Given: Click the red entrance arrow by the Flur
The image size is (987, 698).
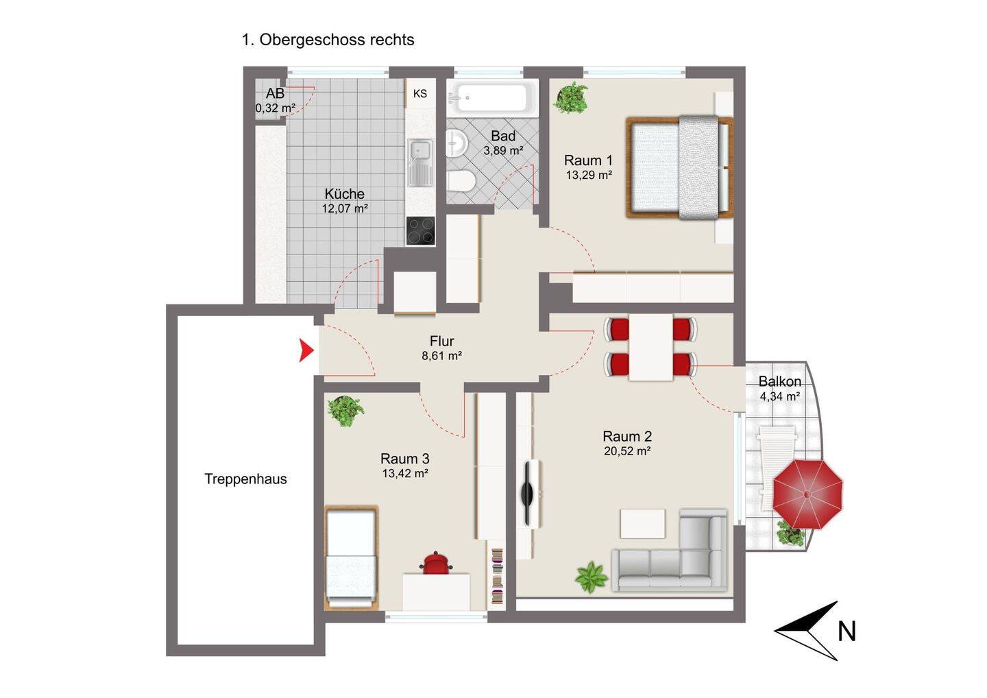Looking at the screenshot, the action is point(306,351).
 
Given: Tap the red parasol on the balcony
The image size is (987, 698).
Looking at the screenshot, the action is point(807,494).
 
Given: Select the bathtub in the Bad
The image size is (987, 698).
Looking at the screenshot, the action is point(493,98).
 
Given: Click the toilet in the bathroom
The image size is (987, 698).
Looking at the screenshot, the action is point(461,180).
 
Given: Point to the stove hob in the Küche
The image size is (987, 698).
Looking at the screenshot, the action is point(420,230).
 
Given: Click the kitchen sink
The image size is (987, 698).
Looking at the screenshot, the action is point(420,163).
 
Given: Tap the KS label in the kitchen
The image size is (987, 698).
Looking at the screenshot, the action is point(420,93).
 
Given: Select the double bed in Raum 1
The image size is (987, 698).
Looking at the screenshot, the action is point(680,167).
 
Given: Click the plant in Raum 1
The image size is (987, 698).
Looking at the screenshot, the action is point(570,98).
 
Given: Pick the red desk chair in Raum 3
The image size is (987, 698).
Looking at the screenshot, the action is point(436,563).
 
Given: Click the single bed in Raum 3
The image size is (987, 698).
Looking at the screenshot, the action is point(351,558).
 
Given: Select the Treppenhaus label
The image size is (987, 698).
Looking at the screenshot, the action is point(245,479).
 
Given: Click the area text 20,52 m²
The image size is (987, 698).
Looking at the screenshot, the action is point(627,451).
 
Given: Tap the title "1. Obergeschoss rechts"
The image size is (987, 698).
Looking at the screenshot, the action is point(328,40).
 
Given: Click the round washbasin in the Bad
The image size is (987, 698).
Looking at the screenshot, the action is point(456,143).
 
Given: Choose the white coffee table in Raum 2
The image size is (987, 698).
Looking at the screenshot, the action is point(642,524).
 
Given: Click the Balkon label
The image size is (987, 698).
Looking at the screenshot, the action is point(779,381).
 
